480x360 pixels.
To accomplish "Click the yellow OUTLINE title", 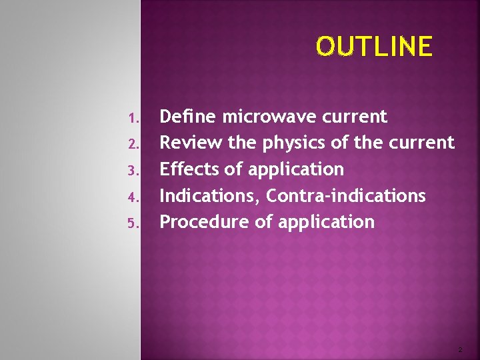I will coord(374,47).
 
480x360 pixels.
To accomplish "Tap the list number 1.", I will coord(133,119).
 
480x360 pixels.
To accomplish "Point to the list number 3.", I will coord(133,171).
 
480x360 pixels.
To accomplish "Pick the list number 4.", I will coord(133,197).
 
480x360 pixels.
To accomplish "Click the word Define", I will coord(189,117).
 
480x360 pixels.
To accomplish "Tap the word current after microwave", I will coord(354,117).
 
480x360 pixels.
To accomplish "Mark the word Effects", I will coord(190,169).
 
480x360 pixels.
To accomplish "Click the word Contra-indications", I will coord(346,195).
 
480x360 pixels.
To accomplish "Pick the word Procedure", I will coord(205,222).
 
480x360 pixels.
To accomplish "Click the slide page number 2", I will coord(459,349).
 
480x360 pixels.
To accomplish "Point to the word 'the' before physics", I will coord(243,143).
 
